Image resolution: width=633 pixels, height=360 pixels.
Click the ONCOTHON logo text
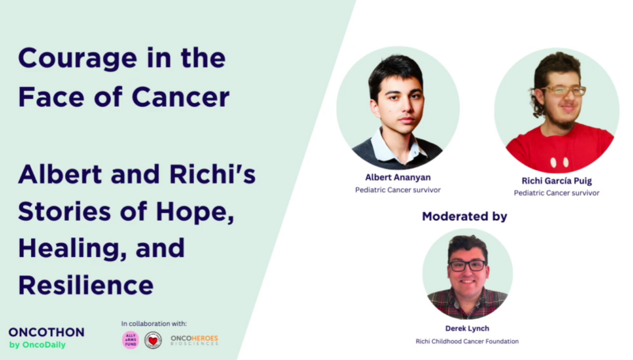pos(47,332)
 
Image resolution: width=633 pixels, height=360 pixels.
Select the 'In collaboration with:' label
pos(154,324)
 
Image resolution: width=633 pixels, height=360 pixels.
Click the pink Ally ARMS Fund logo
pos(131,340)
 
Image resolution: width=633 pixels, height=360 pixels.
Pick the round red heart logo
pos(153,340)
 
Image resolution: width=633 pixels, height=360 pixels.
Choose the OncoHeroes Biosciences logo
pos(194,340)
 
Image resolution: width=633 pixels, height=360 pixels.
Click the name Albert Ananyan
pos(397,177)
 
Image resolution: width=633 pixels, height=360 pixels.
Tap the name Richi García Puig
pos(556,180)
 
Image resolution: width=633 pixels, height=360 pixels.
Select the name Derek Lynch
pos(467,328)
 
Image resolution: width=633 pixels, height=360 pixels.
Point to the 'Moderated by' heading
pos(464,216)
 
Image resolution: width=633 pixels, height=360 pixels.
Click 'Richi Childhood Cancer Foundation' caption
pos(467,341)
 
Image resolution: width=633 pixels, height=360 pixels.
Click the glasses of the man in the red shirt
pos(566,91)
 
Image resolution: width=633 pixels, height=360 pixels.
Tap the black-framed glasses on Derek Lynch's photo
pos(468,266)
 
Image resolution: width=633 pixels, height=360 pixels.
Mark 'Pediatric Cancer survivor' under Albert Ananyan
pos(397,191)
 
